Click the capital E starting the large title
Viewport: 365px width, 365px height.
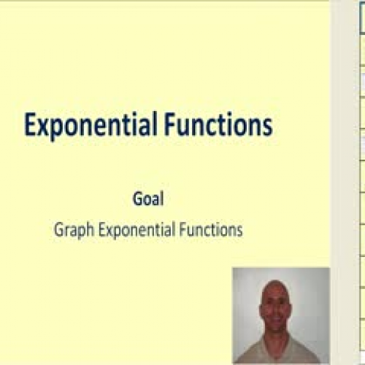(x=30, y=126)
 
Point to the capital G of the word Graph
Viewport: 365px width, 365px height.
(x=58, y=229)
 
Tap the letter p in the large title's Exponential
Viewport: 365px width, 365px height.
(x=56, y=130)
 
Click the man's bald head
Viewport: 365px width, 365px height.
(x=279, y=287)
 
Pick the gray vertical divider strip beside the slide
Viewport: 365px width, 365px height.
(x=337, y=182)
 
